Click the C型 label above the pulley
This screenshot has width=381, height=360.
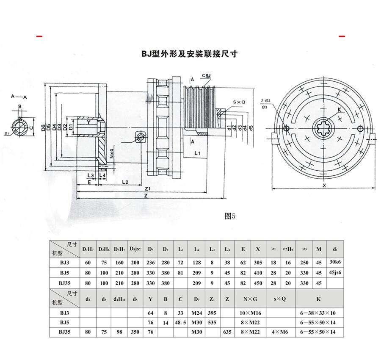206,76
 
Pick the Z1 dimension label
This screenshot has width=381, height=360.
148,188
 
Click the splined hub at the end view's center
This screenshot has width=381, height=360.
324,128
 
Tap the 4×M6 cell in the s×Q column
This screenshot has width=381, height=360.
280,332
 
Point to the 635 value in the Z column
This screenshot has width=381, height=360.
227,332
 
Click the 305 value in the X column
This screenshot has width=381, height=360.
258,263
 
